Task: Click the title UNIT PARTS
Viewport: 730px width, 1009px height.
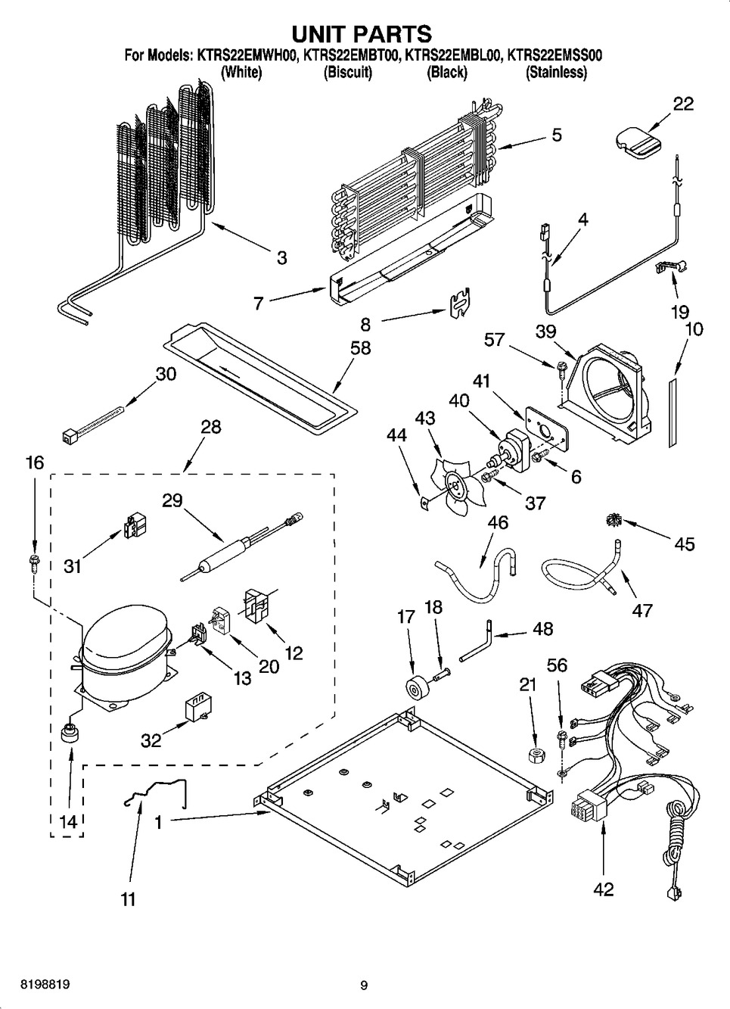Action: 362,33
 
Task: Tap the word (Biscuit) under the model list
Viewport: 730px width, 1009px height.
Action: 348,73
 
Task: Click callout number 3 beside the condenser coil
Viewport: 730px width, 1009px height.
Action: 281,258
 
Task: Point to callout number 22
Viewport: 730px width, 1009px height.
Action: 683,104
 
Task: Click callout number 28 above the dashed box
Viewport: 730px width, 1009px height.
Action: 210,427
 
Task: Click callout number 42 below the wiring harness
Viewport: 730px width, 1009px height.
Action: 603,889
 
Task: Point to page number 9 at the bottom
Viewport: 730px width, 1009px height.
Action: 364,985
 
